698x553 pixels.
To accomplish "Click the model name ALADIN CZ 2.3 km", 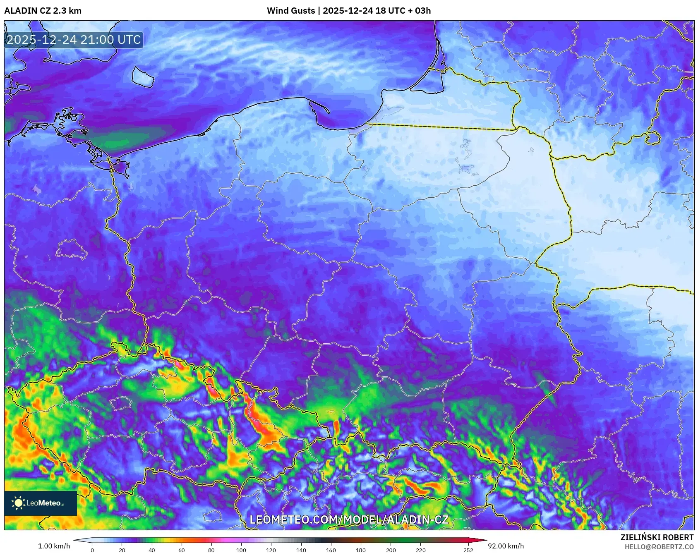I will (43, 11).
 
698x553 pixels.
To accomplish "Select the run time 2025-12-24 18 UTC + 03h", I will (377, 11).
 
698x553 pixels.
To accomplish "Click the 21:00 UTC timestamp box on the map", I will (74, 40).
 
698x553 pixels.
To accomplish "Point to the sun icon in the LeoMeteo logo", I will (18, 503).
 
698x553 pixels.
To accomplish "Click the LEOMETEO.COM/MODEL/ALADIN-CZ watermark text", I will (349, 519).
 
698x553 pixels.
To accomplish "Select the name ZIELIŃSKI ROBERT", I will (657, 537).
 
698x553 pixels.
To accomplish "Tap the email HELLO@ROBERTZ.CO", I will (659, 547).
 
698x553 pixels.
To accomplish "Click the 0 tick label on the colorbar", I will (92, 550).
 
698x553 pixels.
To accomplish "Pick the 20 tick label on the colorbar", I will (122, 550).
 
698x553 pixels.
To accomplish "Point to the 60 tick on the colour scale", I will (182, 550).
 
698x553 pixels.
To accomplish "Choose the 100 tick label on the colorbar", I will (241, 550).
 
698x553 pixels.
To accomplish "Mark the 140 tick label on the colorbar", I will (301, 550).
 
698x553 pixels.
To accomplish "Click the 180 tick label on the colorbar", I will (361, 550).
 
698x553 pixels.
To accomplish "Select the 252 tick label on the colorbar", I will (468, 550).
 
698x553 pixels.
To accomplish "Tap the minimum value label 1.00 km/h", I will (54, 546).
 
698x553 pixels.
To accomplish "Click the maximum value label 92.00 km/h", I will (506, 546).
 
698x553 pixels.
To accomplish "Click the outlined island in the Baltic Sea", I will (143, 77).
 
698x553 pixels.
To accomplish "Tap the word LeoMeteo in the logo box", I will (43, 503).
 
